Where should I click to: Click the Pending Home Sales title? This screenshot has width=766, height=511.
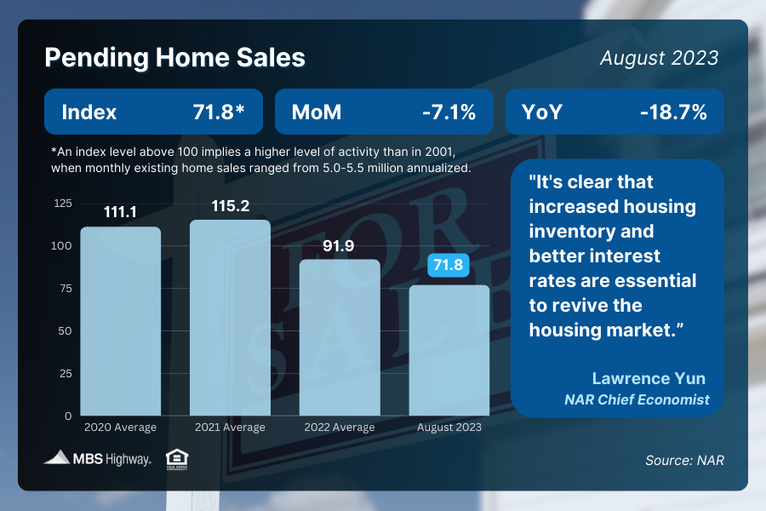click(x=174, y=58)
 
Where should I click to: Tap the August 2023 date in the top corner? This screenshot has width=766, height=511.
click(x=659, y=58)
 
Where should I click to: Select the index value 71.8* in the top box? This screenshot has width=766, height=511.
click(x=227, y=112)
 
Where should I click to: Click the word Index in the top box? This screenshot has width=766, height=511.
click(x=89, y=112)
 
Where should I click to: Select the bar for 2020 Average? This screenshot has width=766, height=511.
click(x=121, y=321)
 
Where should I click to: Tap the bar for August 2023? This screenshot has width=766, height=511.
click(x=449, y=350)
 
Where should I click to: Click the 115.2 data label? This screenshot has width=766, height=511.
click(x=230, y=206)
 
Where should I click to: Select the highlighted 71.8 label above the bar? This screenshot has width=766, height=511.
click(x=449, y=266)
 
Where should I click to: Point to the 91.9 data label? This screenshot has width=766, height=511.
click(x=340, y=246)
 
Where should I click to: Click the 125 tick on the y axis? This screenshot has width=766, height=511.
click(x=62, y=204)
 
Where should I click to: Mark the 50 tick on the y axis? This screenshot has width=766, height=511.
click(x=66, y=331)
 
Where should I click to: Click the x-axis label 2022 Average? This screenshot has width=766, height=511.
click(x=340, y=427)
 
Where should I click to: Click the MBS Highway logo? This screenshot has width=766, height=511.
click(x=98, y=459)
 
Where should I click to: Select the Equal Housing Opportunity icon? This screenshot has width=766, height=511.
click(x=177, y=459)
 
